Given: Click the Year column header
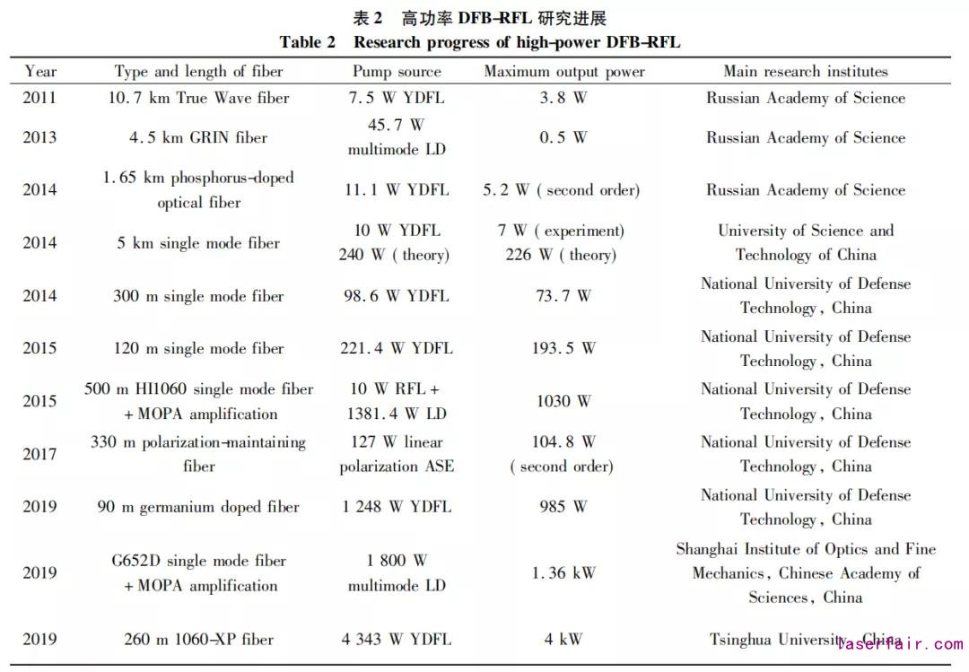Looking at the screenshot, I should tap(40, 72).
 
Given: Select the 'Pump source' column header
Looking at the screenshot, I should tap(397, 72).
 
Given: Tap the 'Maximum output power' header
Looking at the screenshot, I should tap(563, 72).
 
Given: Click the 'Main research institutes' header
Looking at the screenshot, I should tap(805, 72).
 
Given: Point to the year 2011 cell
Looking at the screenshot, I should tap(40, 98).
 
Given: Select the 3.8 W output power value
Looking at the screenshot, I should tap(563, 98).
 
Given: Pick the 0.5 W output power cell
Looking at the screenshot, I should tap(563, 138).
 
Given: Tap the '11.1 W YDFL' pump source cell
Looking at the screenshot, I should tap(397, 190).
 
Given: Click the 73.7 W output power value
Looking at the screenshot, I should tap(563, 296).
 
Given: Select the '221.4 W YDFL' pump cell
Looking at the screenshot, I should tap(397, 348).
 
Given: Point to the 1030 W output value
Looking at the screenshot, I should tap(563, 401).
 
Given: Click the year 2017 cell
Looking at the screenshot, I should tap(40, 454).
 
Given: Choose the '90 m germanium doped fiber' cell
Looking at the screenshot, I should tap(198, 507).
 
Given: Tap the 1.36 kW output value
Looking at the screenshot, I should tap(563, 573).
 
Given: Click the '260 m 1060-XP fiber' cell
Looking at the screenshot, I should tap(198, 640).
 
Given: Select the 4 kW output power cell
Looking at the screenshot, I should tap(563, 640).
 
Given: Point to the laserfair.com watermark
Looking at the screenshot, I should tap(900, 643).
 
